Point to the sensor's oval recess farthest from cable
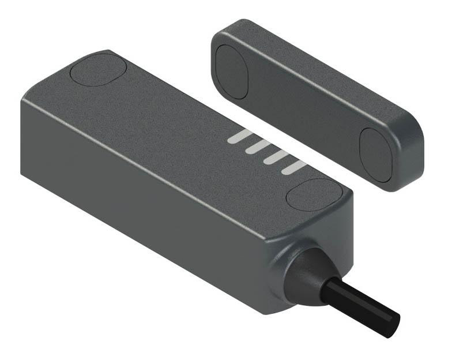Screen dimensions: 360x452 [98, 69]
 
